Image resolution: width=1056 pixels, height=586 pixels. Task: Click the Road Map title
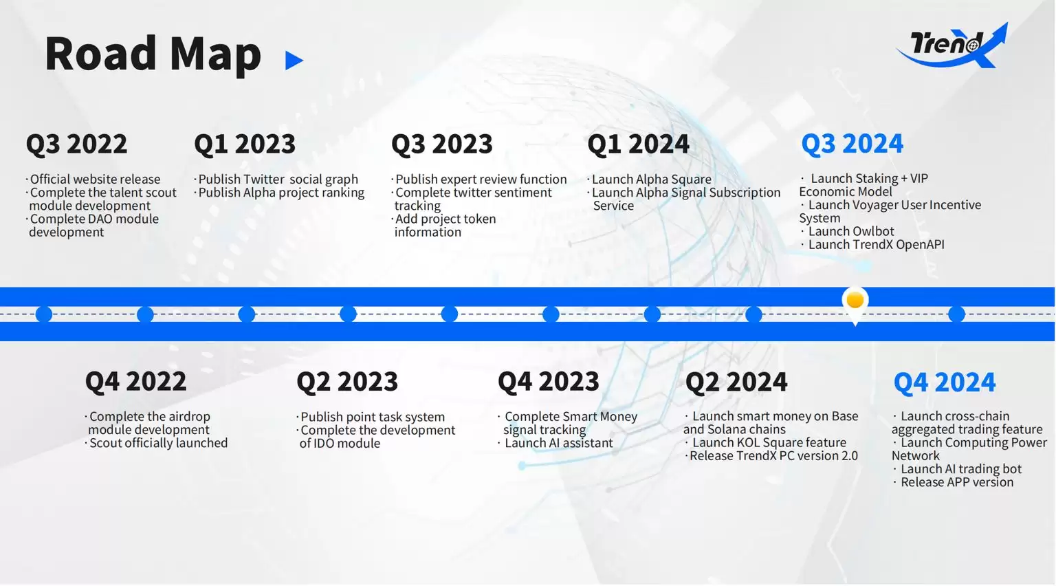pyautogui.click(x=153, y=54)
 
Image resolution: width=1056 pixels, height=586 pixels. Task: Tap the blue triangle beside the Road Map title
pyautogui.click(x=294, y=61)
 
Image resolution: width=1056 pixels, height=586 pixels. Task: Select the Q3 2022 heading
pyautogui.click(x=76, y=144)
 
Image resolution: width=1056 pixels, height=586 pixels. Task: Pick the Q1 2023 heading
pyautogui.click(x=245, y=144)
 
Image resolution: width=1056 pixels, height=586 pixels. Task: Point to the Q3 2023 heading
pyautogui.click(x=442, y=144)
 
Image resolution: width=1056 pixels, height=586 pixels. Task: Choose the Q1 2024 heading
pyautogui.click(x=638, y=144)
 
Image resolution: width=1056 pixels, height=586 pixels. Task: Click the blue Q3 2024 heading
pyautogui.click(x=852, y=144)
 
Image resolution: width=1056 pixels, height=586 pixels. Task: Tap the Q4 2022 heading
pyautogui.click(x=135, y=381)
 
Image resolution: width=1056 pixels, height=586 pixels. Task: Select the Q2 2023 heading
pyautogui.click(x=347, y=381)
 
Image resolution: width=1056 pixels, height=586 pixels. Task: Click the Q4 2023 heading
pyautogui.click(x=549, y=381)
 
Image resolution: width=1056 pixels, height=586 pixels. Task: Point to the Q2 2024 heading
pyautogui.click(x=736, y=381)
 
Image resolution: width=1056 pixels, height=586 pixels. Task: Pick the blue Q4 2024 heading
pyautogui.click(x=945, y=381)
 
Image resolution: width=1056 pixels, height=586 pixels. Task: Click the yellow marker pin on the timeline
pyautogui.click(x=855, y=302)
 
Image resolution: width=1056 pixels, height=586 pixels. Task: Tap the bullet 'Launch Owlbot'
pyautogui.click(x=848, y=231)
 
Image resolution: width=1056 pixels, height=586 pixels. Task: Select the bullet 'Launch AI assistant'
pyautogui.click(x=555, y=443)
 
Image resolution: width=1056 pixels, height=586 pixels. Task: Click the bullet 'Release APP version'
pyautogui.click(x=954, y=482)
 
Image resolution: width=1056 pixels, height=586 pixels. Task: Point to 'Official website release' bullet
pyautogui.click(x=93, y=180)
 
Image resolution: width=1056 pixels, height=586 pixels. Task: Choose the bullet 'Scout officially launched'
pyautogui.click(x=157, y=443)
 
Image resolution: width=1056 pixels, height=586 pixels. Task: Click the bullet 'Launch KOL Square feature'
pyautogui.click(x=766, y=442)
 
